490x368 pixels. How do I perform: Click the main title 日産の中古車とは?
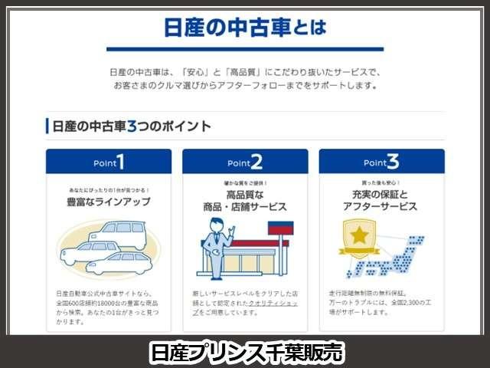245,28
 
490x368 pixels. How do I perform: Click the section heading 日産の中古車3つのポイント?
129,126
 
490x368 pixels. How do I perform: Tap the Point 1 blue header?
109,162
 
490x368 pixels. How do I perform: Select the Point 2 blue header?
245,162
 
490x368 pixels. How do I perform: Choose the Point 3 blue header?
381,162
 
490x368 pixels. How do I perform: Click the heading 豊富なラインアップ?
109,202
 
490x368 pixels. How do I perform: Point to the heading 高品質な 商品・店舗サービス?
245,202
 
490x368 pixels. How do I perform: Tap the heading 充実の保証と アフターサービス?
381,202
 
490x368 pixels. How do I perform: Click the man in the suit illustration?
217,245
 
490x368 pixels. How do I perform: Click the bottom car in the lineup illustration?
119,265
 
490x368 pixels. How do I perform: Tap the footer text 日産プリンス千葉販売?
245,352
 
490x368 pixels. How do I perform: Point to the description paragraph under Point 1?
109,307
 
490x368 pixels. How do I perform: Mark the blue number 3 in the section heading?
132,126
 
